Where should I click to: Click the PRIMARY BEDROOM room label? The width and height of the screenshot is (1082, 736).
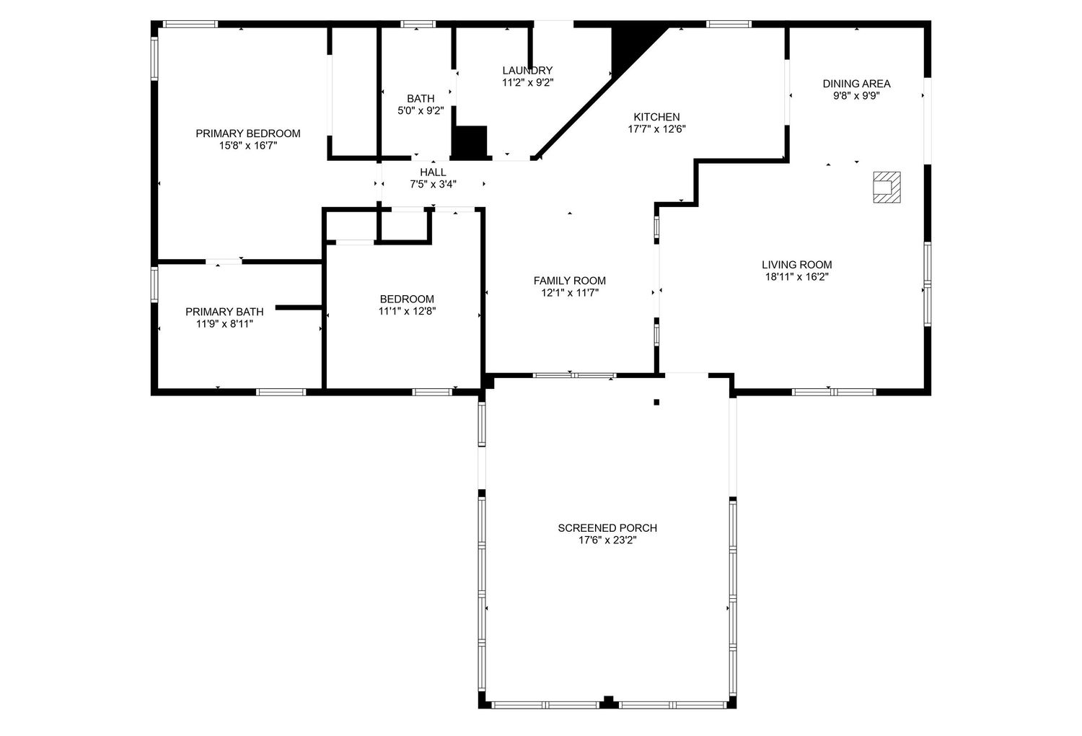click(248, 133)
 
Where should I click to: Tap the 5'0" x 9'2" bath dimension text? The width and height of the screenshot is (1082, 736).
click(421, 110)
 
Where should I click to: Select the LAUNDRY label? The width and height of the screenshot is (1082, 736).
click(527, 71)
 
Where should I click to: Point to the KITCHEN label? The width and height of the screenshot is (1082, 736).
click(656, 117)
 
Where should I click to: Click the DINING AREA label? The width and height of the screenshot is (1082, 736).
click(856, 84)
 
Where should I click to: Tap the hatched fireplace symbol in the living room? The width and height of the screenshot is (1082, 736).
click(887, 187)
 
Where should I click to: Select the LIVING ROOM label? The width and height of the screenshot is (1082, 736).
click(797, 265)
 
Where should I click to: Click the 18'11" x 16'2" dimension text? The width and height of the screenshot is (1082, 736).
click(797, 277)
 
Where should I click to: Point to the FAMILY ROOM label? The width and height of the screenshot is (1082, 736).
click(570, 281)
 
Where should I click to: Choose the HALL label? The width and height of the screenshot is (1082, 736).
click(433, 172)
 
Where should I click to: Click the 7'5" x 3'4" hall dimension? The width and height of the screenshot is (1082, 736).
click(433, 184)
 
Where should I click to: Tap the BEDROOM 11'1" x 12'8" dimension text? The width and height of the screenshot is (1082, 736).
click(407, 311)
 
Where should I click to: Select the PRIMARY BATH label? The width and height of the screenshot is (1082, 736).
click(224, 312)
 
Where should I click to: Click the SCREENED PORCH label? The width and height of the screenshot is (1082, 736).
click(607, 528)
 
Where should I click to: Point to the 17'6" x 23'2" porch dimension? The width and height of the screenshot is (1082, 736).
click(607, 540)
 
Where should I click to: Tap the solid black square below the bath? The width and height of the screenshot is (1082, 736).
click(469, 142)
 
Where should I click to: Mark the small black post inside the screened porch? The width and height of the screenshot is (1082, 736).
click(656, 402)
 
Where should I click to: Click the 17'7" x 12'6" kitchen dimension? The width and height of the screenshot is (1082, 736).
click(656, 129)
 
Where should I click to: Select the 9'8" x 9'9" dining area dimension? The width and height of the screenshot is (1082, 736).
click(856, 96)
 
